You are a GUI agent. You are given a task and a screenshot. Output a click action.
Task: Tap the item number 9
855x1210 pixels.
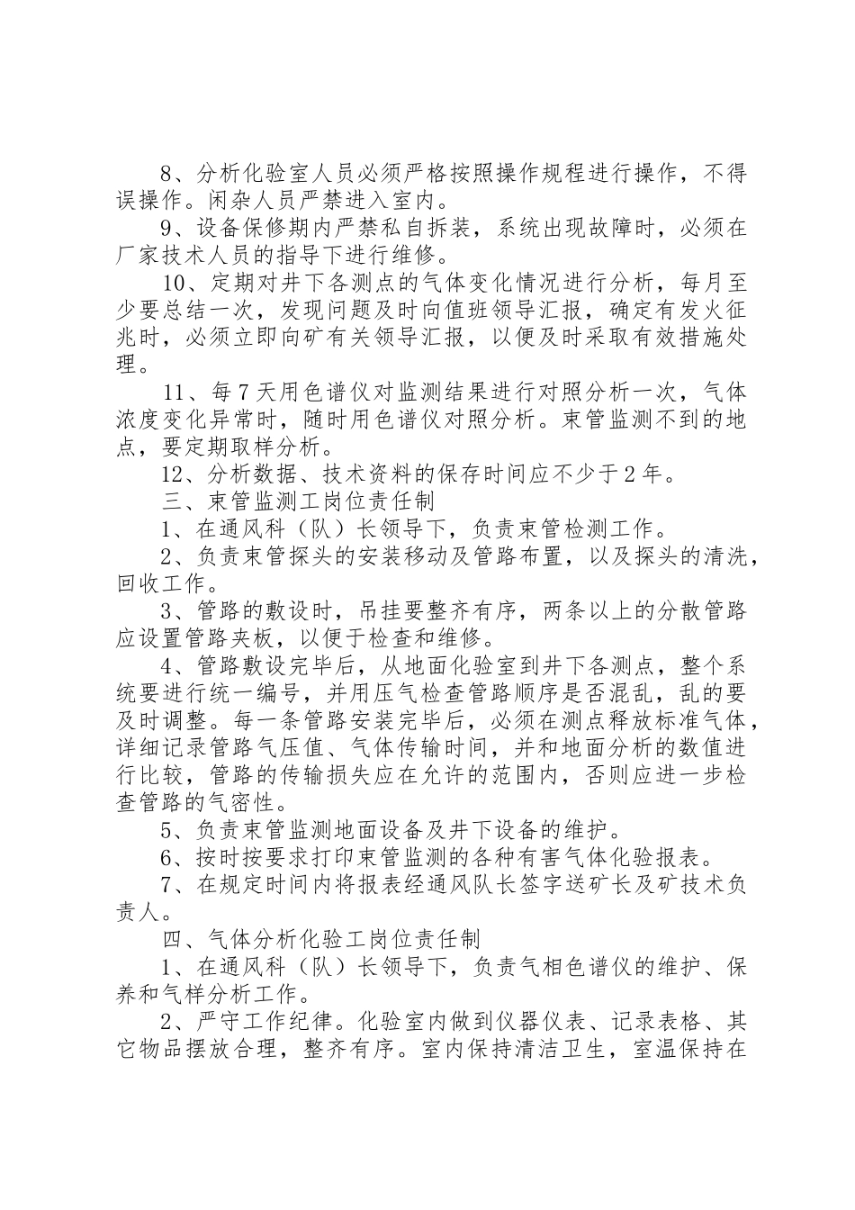point(166,228)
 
